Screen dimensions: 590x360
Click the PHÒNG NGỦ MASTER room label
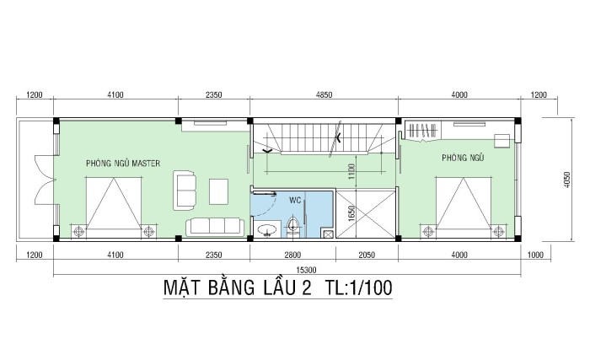(x=123, y=163)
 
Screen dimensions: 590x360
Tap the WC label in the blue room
(x=295, y=200)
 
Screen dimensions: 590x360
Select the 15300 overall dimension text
(x=306, y=270)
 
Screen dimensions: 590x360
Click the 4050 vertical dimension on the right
(x=567, y=180)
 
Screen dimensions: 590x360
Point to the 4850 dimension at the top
(x=324, y=94)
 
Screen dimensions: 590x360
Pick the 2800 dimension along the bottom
(x=292, y=255)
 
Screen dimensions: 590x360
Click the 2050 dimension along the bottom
(x=367, y=255)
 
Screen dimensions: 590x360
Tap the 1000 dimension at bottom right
(x=535, y=255)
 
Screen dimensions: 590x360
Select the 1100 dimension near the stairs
(x=351, y=171)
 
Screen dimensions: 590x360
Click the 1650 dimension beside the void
(x=351, y=213)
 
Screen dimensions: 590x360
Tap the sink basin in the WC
(x=267, y=229)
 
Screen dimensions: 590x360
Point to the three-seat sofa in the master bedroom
(x=214, y=226)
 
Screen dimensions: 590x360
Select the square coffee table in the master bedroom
(x=218, y=191)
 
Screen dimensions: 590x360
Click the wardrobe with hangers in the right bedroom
(x=422, y=131)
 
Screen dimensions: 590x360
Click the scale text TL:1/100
(x=358, y=287)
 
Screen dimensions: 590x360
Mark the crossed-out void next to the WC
(x=365, y=214)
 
